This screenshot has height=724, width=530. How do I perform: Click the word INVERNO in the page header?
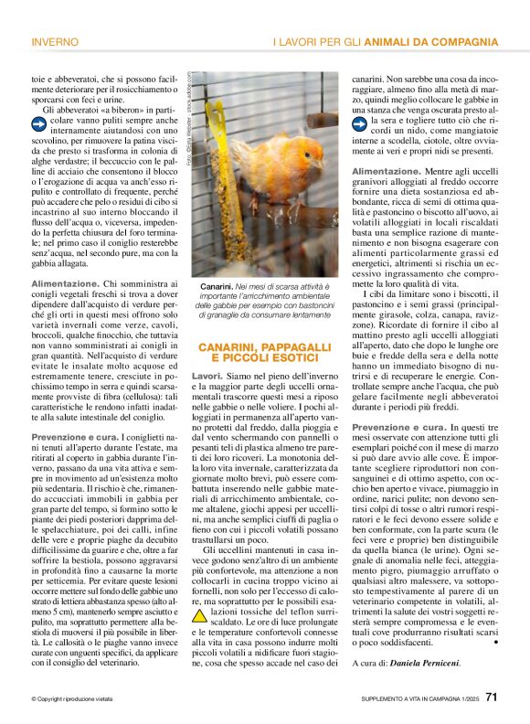(54, 43)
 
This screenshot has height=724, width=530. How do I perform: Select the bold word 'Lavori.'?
(207, 377)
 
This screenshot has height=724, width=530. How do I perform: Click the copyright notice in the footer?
(75, 698)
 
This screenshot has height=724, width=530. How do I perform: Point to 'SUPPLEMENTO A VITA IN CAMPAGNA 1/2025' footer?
(415, 698)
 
